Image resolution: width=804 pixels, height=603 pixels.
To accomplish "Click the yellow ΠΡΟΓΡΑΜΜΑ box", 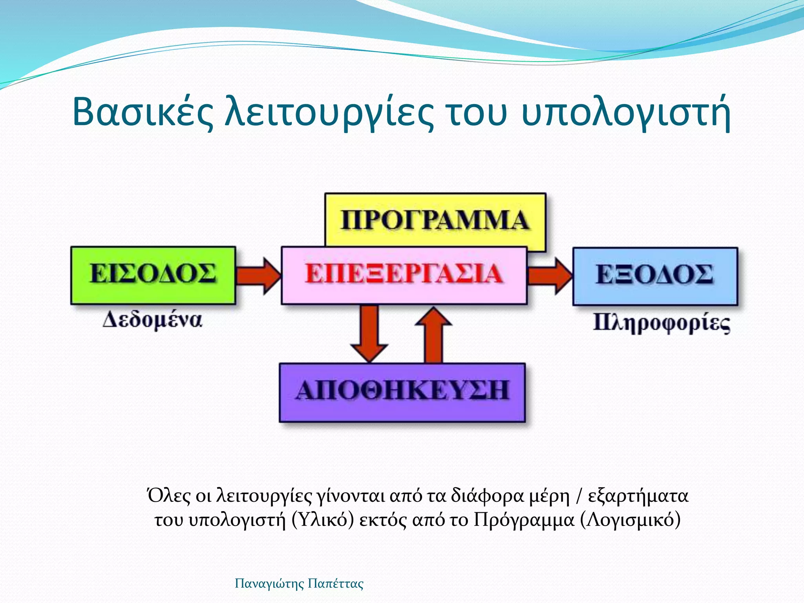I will (435, 220).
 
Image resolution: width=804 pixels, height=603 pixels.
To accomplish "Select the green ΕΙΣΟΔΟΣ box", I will (153, 275).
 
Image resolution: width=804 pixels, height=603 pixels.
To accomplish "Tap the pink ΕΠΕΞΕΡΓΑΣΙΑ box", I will (404, 275).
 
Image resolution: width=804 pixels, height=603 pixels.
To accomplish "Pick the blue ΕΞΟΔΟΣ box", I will (655, 276).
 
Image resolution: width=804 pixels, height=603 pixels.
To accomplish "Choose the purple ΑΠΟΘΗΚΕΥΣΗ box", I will (402, 392).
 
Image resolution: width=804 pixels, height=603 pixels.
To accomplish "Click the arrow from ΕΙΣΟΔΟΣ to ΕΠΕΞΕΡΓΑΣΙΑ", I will (259, 276).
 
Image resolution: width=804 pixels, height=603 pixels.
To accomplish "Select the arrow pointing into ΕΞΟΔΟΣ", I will (550, 276).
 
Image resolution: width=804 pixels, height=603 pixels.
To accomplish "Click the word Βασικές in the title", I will (143, 113).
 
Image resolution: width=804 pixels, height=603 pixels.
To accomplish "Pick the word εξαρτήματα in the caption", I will (638, 496).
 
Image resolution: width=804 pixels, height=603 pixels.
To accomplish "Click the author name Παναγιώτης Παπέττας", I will (299, 583).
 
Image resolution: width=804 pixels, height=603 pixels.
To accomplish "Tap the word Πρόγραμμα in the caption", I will (524, 520).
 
